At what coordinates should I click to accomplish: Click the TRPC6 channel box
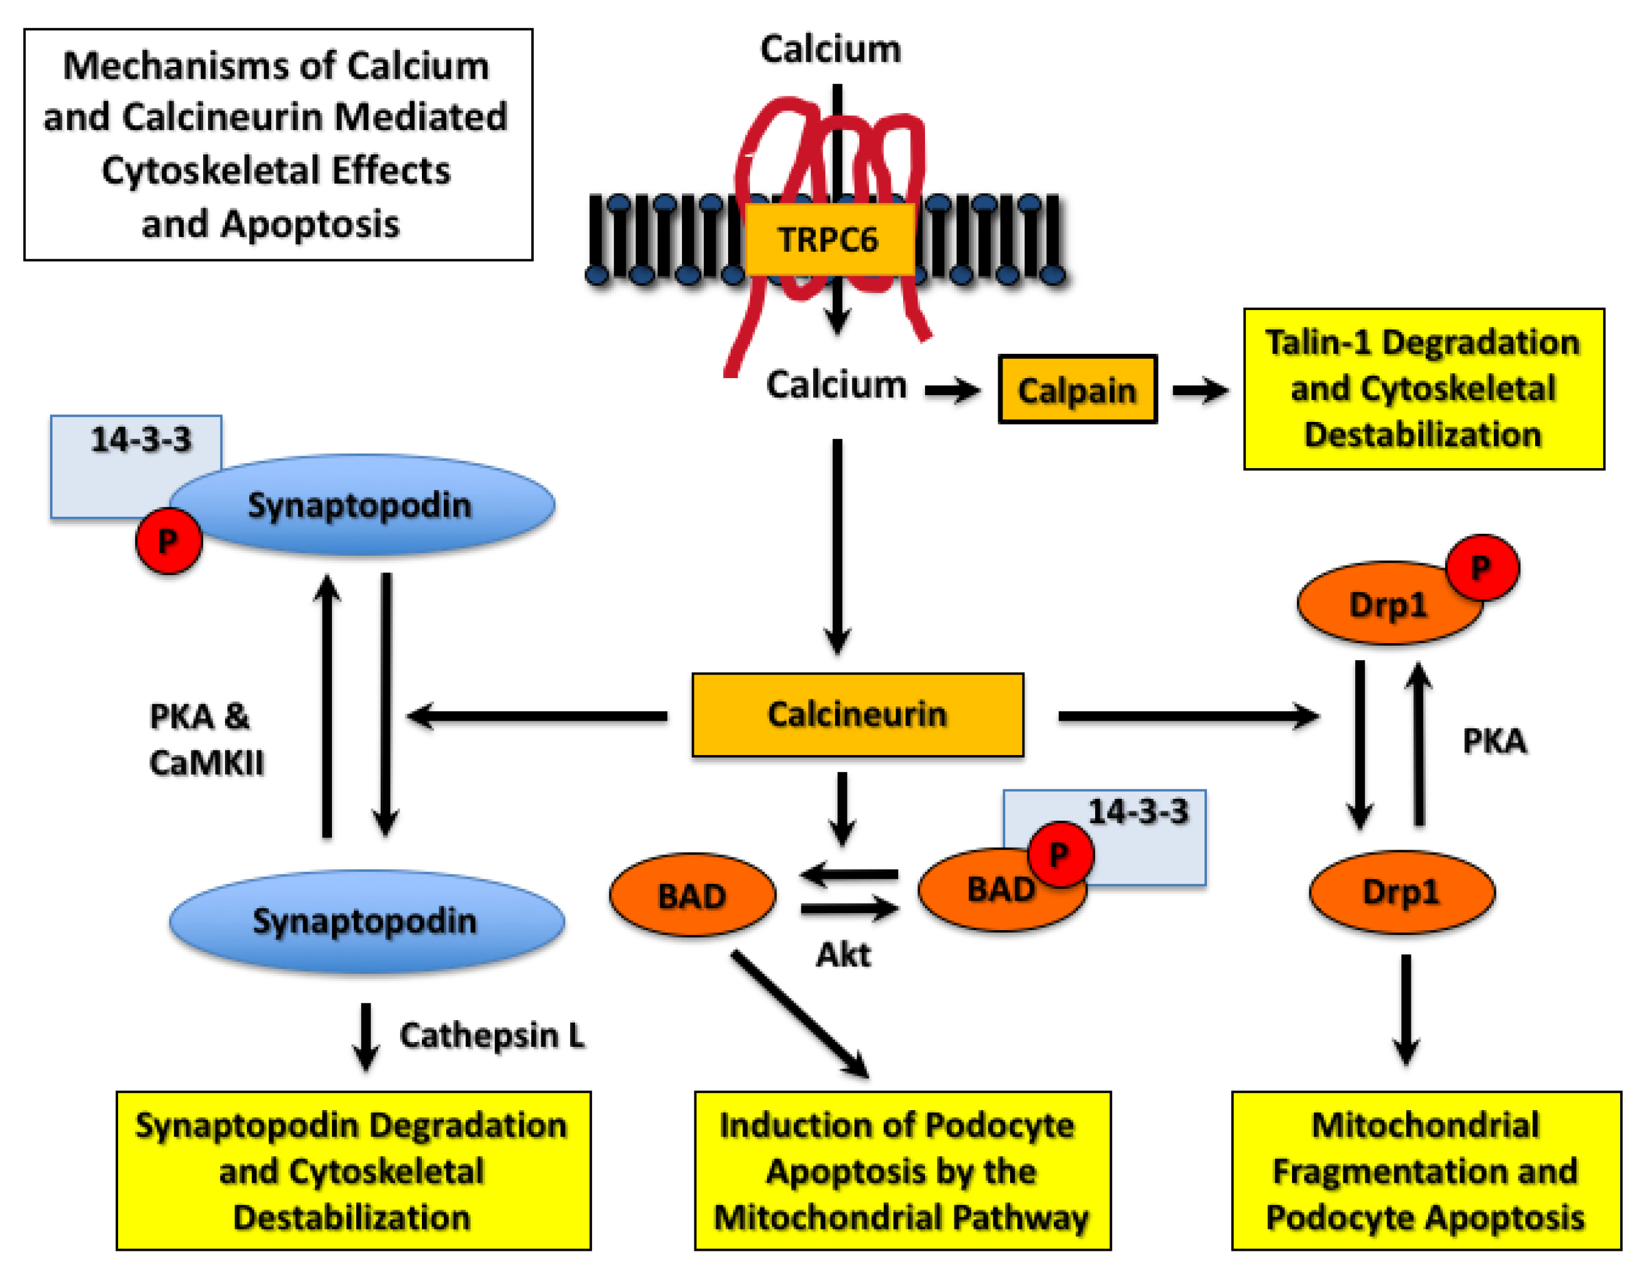(x=829, y=239)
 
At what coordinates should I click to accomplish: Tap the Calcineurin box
(x=857, y=714)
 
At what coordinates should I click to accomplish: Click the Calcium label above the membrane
(x=830, y=49)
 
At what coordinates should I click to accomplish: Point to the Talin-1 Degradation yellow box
(x=1423, y=389)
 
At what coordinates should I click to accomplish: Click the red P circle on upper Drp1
(x=1482, y=568)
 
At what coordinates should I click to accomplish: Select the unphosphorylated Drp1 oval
(x=1401, y=892)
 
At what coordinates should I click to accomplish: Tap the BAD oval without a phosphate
(x=692, y=895)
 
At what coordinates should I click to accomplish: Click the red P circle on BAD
(x=1059, y=854)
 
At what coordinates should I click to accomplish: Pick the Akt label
(x=843, y=955)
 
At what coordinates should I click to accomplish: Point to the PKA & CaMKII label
(x=205, y=739)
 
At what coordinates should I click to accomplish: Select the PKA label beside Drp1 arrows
(x=1494, y=741)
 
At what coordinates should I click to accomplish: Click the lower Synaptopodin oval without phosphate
(x=366, y=921)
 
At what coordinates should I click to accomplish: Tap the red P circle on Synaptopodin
(x=168, y=541)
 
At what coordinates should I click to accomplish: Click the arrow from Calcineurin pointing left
(x=537, y=716)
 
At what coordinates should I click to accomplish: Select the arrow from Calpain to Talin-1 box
(x=1200, y=390)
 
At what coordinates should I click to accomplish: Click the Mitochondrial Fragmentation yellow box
(x=1426, y=1171)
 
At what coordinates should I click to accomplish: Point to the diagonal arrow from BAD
(x=800, y=1014)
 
